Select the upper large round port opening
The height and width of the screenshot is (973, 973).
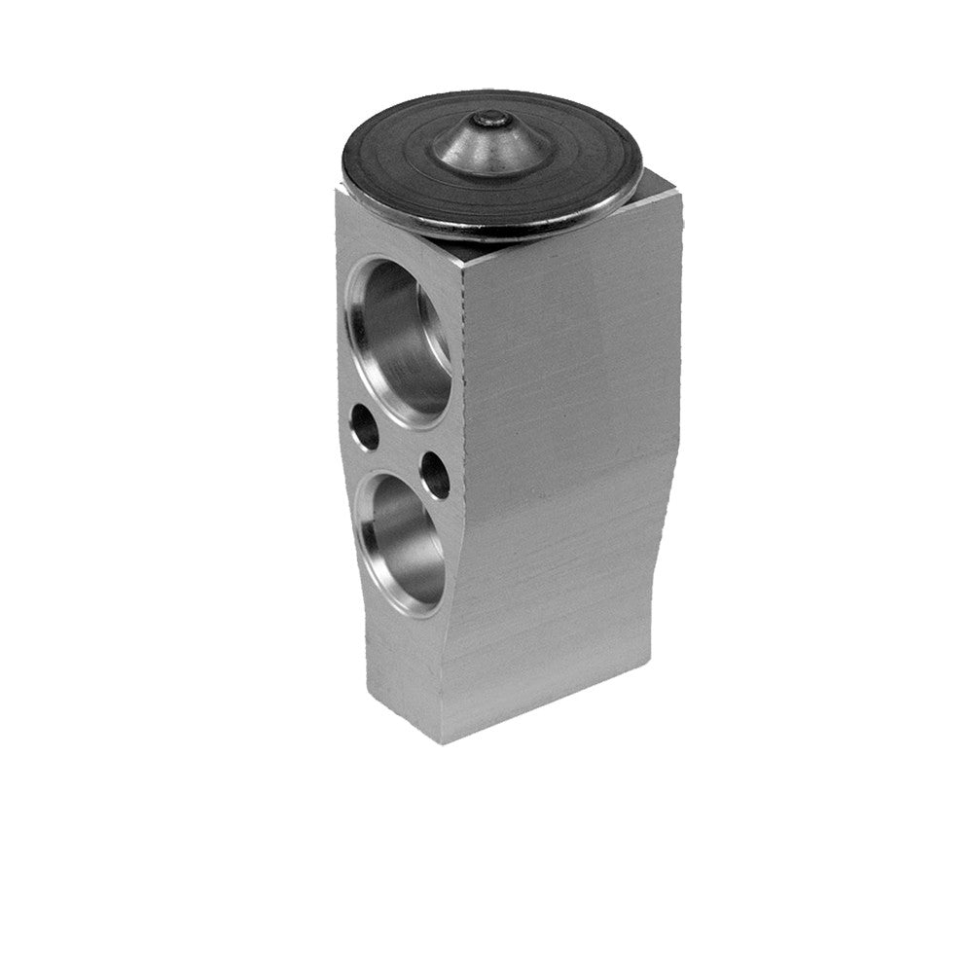399,341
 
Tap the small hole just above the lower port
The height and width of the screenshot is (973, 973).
435,475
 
